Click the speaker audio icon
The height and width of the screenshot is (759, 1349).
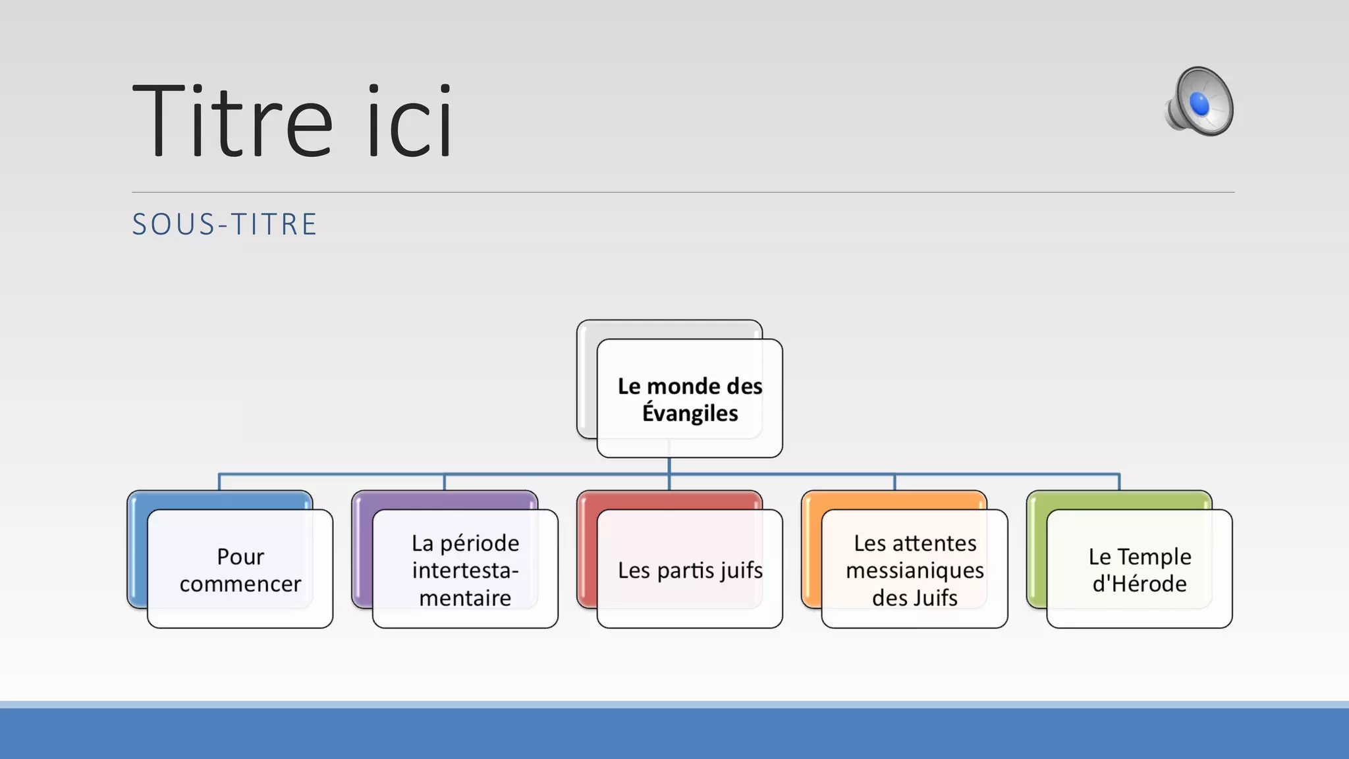[1199, 102]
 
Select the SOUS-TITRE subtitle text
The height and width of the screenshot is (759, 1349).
[225, 225]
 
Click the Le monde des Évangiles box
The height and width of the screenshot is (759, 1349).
[690, 399]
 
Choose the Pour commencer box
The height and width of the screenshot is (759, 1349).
[240, 569]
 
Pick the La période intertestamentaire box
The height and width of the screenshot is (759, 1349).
[465, 569]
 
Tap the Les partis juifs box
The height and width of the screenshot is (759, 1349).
[690, 569]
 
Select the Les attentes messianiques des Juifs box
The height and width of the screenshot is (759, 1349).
[914, 569]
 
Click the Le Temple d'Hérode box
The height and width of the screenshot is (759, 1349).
[1140, 569]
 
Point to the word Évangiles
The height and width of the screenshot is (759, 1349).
[690, 413]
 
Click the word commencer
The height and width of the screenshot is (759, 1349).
[240, 584]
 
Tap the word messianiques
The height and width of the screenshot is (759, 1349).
[914, 570]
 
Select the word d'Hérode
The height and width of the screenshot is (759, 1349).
[1140, 584]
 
